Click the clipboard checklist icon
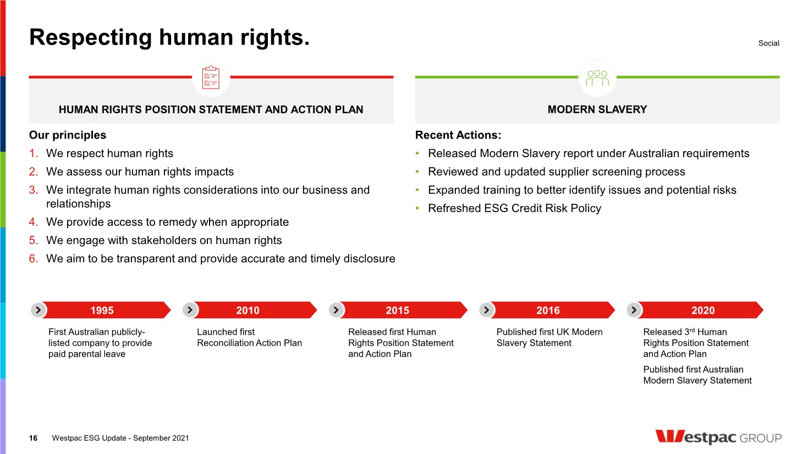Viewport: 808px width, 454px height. [x=211, y=77]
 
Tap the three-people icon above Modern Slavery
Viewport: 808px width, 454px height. [x=597, y=78]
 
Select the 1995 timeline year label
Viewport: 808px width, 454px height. [x=102, y=310]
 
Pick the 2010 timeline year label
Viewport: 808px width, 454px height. [x=248, y=310]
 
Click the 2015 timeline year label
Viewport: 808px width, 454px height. [x=398, y=310]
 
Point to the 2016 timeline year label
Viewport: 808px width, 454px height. [x=548, y=310]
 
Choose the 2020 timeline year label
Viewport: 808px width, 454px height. [x=703, y=310]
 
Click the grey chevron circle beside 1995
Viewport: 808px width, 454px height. [x=39, y=310]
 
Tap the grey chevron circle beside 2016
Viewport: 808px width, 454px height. [x=487, y=310]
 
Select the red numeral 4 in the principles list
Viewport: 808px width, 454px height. [x=33, y=222]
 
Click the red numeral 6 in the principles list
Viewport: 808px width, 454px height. [x=33, y=259]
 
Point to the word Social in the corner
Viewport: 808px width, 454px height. [x=769, y=43]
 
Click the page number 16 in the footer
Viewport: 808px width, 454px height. [x=33, y=438]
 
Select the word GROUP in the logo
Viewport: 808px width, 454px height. [x=760, y=438]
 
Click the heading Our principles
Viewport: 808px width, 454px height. [x=68, y=135]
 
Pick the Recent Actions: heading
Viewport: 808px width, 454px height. [x=458, y=135]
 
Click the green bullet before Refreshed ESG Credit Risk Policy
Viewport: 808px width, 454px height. [x=417, y=208]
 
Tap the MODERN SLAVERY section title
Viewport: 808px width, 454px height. [x=597, y=109]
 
